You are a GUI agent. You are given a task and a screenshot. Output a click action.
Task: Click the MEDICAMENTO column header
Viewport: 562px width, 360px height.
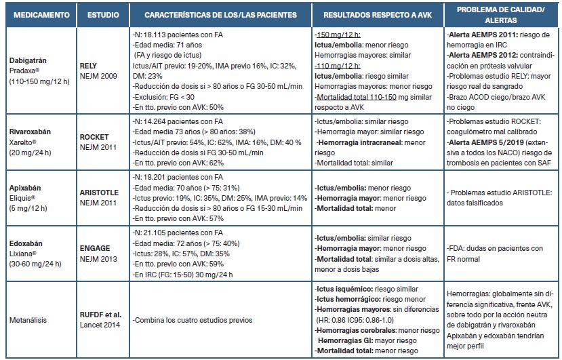tap(38, 14)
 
